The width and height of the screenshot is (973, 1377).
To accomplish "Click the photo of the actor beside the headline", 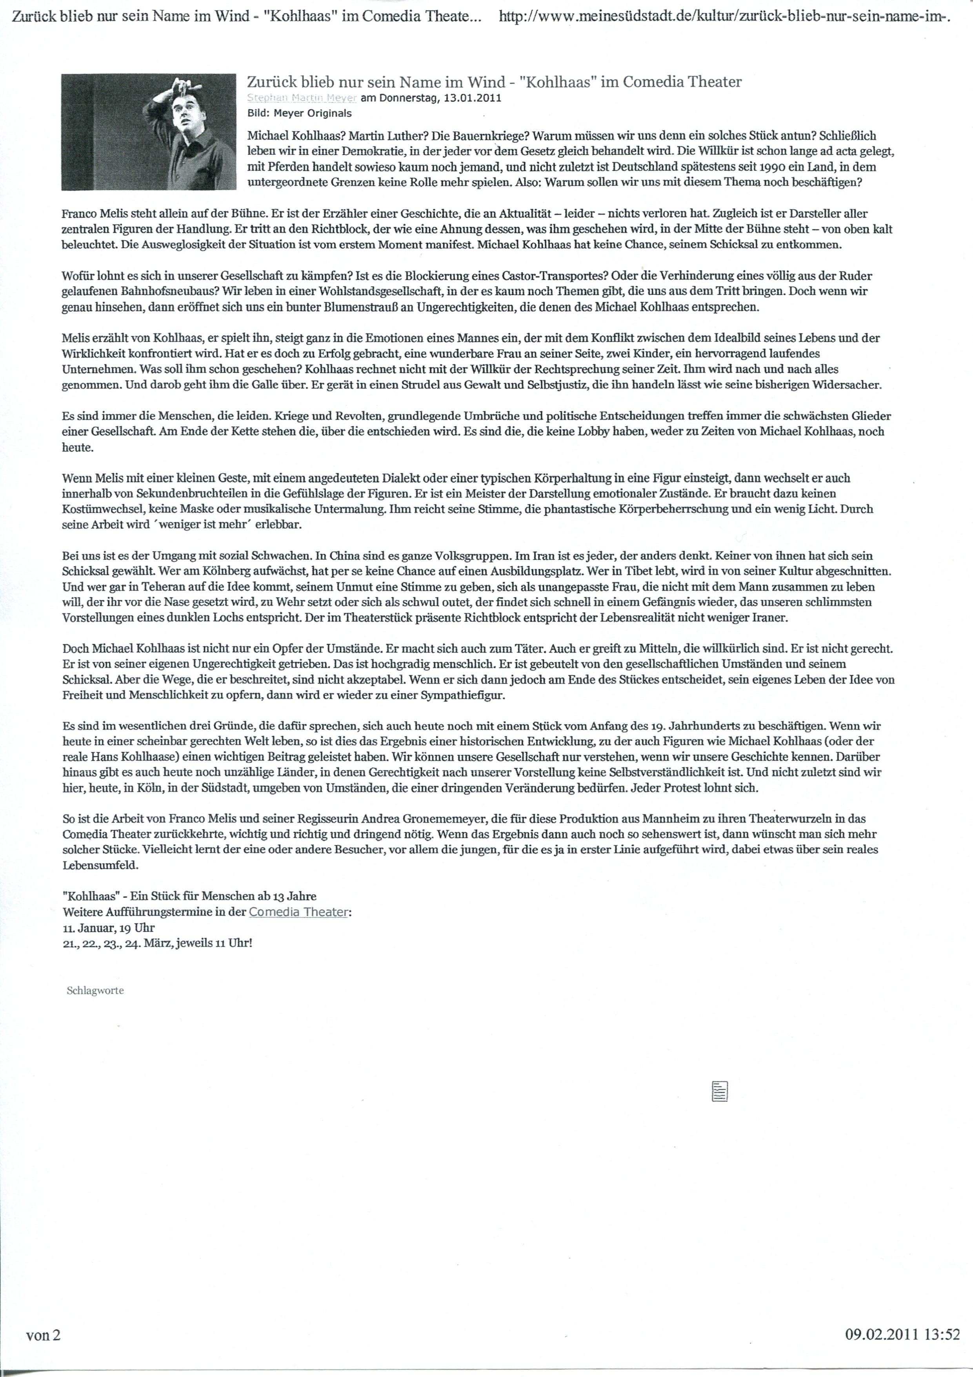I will (x=150, y=131).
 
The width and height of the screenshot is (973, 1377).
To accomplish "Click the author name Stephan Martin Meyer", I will (x=302, y=98).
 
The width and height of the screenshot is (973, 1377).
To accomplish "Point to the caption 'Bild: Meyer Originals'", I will (x=299, y=113).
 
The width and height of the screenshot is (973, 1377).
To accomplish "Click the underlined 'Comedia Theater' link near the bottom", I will (x=298, y=912).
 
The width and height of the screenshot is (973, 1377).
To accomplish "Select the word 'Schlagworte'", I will (x=95, y=990).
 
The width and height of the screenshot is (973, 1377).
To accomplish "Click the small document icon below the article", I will (x=719, y=1091).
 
